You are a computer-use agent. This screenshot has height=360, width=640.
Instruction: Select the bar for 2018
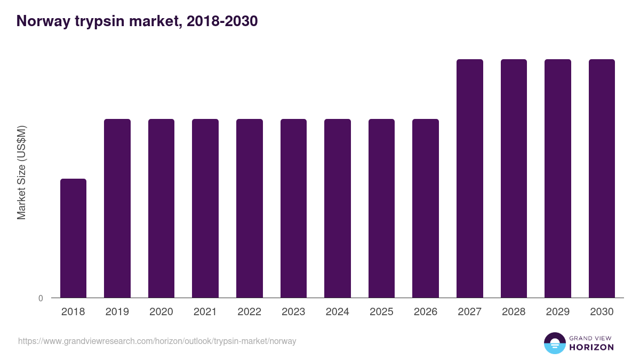[73, 238]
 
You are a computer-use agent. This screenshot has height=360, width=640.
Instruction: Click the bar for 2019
[117, 208]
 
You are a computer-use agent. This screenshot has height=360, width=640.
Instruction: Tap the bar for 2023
[293, 208]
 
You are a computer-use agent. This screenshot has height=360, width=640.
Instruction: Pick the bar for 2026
[426, 208]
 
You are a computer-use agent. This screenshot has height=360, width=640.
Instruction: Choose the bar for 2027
[470, 178]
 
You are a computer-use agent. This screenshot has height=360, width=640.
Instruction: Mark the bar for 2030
[602, 178]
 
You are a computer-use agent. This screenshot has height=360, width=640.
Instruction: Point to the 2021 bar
[205, 208]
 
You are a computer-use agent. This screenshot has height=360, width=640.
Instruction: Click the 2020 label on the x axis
[161, 312]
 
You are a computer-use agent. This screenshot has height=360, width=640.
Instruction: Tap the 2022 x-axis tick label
[249, 312]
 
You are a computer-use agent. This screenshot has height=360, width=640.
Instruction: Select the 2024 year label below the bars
[338, 312]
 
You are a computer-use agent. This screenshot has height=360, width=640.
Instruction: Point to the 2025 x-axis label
[381, 312]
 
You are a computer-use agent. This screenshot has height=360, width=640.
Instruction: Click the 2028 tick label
[514, 312]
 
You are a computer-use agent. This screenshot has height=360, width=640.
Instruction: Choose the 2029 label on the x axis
[558, 312]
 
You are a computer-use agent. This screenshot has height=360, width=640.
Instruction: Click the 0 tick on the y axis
[41, 298]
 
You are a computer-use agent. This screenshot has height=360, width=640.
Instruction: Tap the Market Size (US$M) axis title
[21, 172]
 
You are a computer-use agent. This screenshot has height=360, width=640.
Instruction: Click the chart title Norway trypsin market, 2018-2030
[137, 21]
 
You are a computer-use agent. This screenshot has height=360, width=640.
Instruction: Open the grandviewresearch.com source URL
[157, 341]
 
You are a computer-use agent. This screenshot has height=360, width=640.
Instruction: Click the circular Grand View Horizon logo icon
[554, 343]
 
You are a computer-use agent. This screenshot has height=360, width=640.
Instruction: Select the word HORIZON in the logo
[592, 347]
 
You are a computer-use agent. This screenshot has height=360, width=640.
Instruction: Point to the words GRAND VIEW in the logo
[591, 338]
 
